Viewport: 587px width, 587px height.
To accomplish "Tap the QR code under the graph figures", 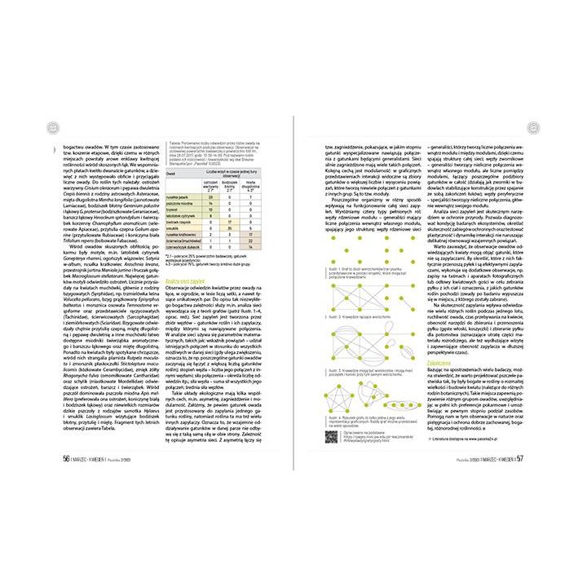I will [331, 435].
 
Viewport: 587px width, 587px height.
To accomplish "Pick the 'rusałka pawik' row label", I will [179, 197].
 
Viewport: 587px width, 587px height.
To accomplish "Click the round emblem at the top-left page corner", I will [53, 127].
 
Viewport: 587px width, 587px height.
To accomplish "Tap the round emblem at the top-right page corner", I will [534, 127].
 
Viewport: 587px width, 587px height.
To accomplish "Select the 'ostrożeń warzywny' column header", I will [210, 184].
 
